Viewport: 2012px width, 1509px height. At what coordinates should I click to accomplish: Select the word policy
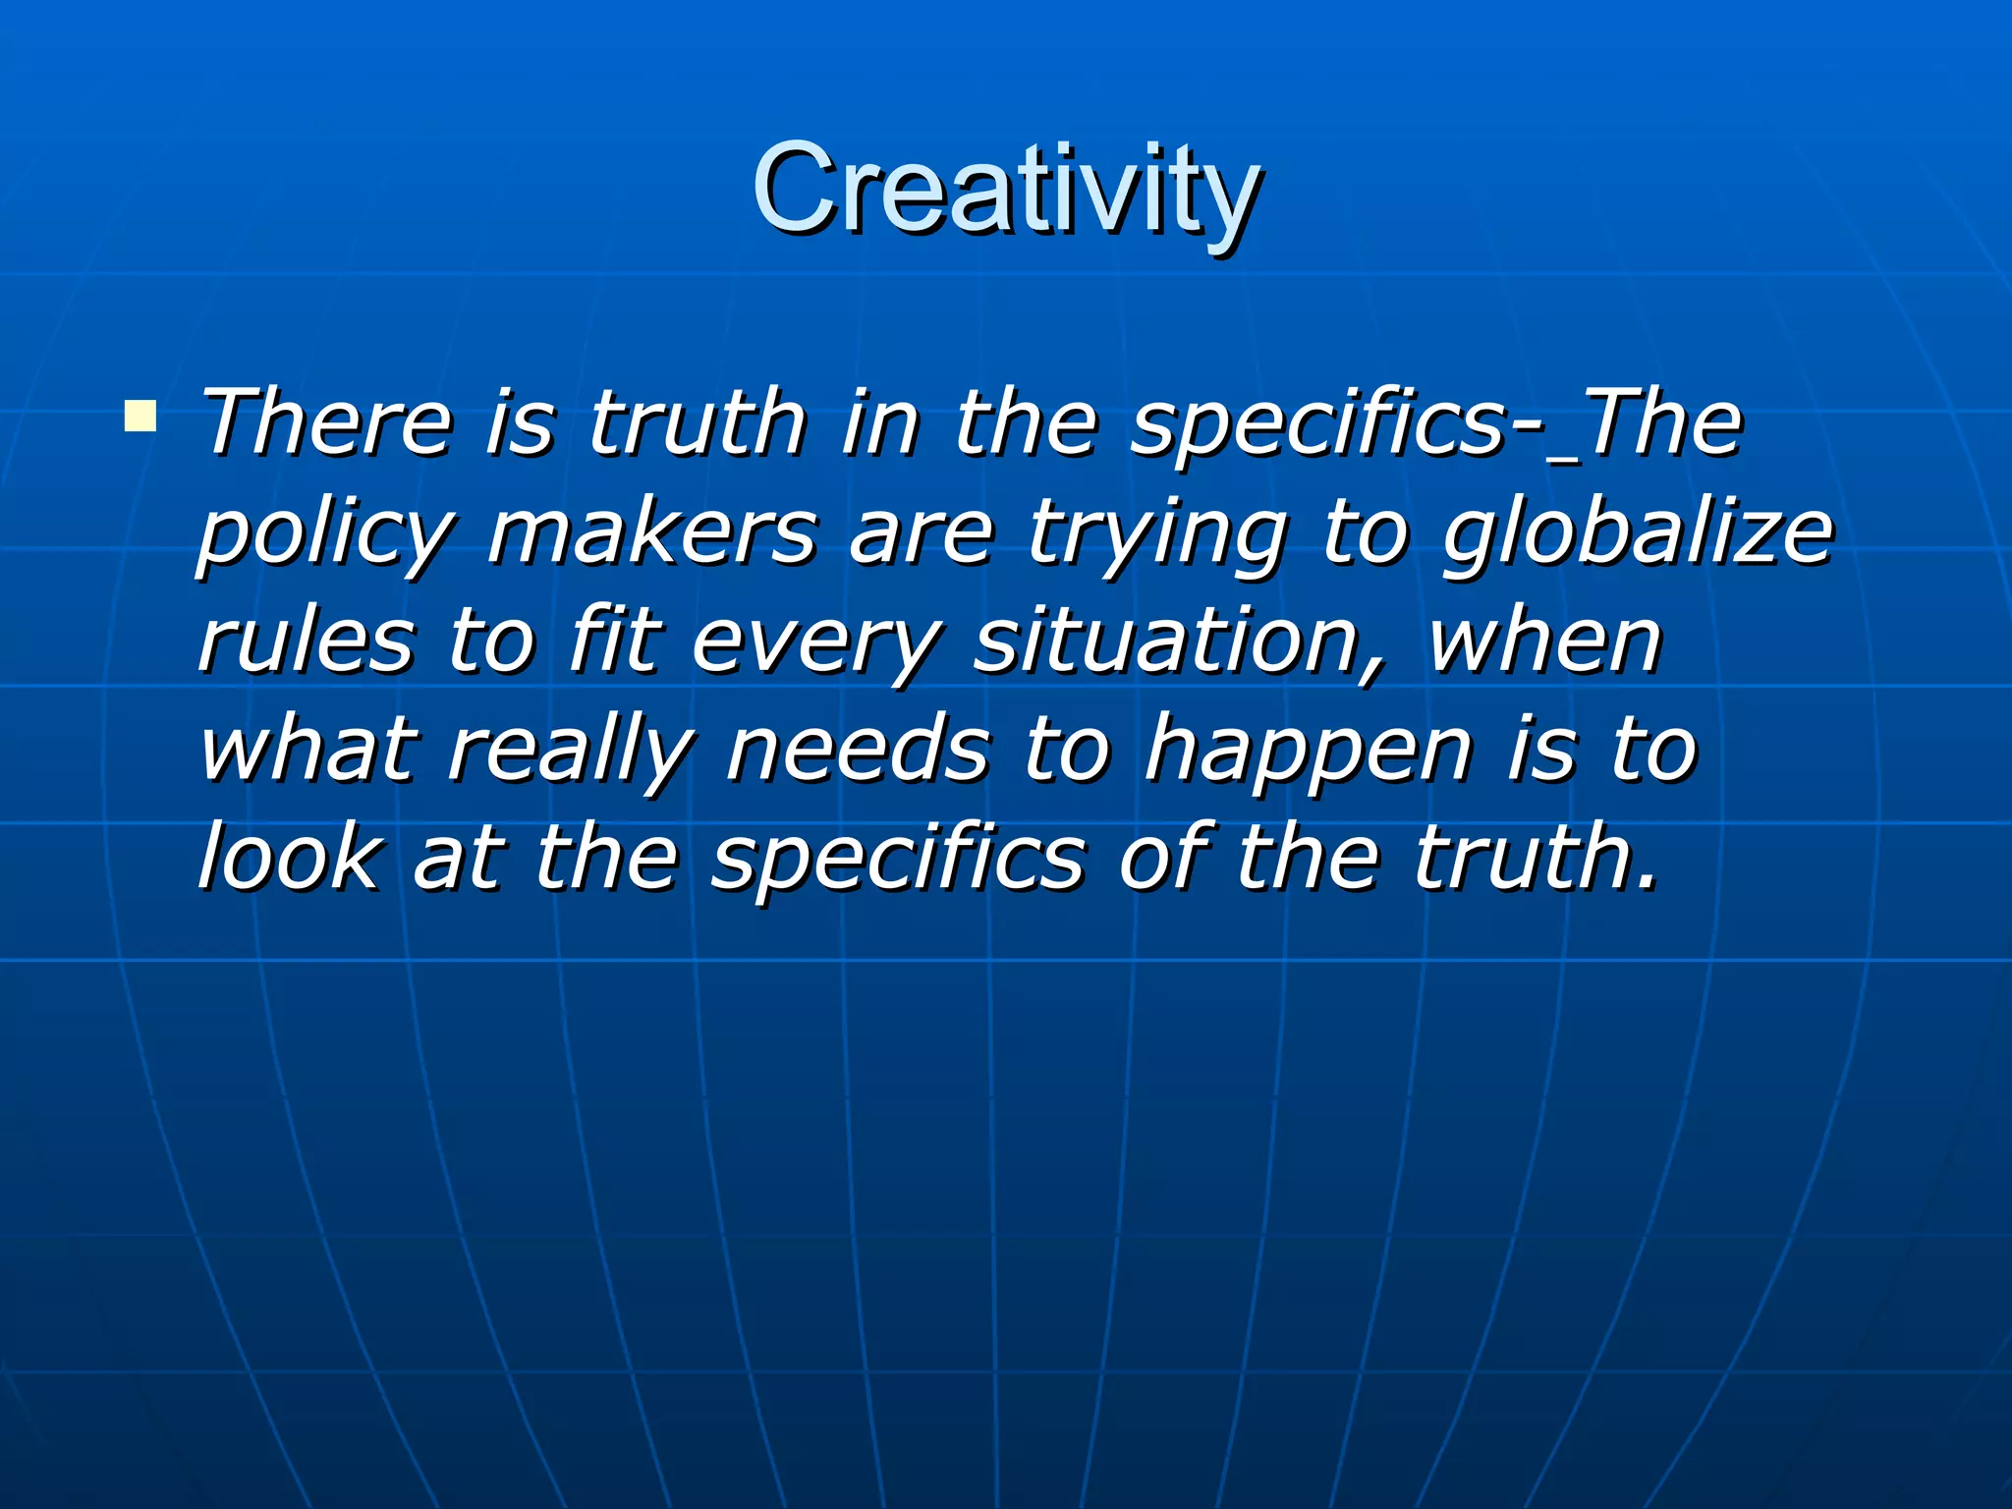point(324,535)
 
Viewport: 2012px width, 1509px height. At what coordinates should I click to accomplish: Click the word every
point(815,643)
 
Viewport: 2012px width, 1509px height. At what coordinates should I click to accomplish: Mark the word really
point(571,752)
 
